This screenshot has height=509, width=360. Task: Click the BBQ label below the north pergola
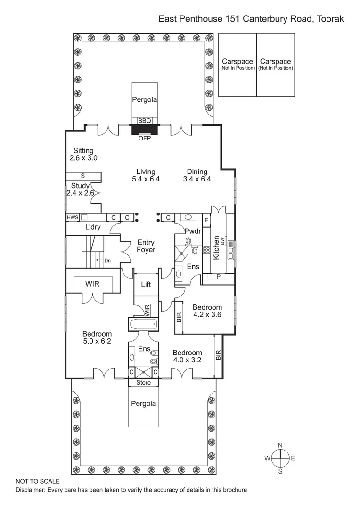[144, 121]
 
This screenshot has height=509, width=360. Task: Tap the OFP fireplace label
[144, 139]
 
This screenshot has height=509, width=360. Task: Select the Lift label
[146, 284]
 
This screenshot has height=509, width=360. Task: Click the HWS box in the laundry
[72, 217]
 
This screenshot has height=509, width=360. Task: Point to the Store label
[144, 383]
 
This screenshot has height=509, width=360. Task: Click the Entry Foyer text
[146, 246]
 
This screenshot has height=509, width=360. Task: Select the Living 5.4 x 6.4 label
[146, 175]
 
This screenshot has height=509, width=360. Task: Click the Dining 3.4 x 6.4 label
[197, 175]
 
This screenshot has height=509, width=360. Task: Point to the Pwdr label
[193, 231]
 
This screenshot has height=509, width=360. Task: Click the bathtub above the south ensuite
[144, 324]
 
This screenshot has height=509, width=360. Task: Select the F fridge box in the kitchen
[206, 219]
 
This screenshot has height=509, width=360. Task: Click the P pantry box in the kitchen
[218, 276]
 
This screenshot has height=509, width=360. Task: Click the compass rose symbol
[280, 457]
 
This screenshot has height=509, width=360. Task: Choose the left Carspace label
[237, 64]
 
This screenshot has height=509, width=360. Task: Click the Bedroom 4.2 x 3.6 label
[207, 311]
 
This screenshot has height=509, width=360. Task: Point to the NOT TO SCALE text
[38, 481]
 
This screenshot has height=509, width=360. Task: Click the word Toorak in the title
[329, 19]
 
